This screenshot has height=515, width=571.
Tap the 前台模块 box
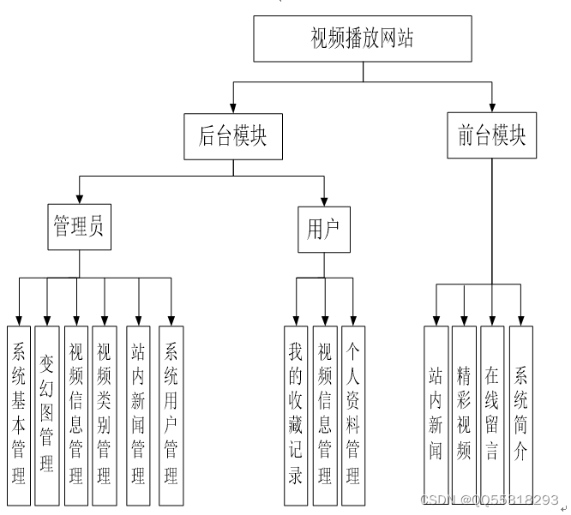point(492,136)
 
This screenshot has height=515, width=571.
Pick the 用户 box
point(323,230)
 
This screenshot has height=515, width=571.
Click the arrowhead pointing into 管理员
point(80,199)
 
